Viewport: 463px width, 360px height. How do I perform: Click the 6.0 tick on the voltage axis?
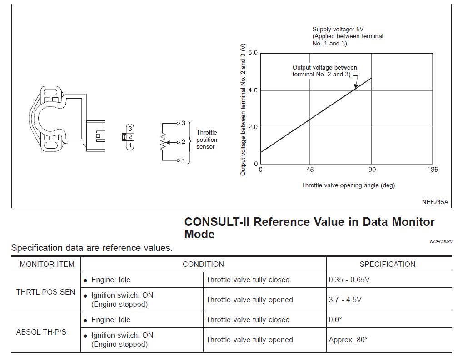point(253,53)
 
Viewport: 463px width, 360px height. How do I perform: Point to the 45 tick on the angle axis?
point(310,170)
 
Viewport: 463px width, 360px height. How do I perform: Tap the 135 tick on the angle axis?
point(433,170)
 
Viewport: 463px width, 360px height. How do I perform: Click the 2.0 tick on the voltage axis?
point(253,127)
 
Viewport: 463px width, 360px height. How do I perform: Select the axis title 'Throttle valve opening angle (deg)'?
point(348,185)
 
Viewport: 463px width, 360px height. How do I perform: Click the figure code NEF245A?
point(435,202)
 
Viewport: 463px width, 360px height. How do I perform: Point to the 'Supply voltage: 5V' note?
point(338,29)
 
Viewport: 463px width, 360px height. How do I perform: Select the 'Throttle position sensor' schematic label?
point(207,140)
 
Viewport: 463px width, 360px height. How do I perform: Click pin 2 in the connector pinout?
point(130,137)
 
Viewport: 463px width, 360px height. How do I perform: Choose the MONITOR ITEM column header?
point(47,264)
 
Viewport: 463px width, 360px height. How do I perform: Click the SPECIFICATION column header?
point(388,264)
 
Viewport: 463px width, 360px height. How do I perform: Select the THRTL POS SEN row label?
point(45,292)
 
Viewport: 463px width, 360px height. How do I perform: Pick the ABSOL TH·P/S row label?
point(41,332)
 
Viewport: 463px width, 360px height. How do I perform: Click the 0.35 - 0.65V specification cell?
point(349,280)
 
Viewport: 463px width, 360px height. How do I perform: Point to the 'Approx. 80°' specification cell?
point(348,340)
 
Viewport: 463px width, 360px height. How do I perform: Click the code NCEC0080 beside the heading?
point(441,241)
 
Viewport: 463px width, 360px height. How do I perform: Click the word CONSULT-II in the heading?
point(217,222)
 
